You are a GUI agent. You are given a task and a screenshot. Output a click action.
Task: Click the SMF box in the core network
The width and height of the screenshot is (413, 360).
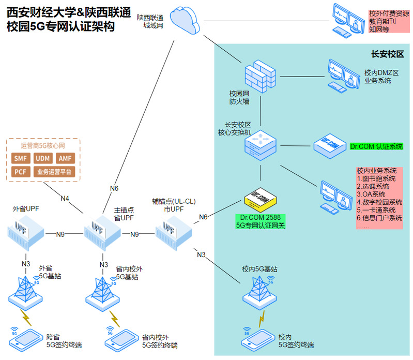21,158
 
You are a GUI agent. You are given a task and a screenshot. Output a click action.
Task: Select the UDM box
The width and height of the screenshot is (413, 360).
43,158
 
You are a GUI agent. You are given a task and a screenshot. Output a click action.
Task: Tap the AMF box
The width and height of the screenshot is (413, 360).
65,158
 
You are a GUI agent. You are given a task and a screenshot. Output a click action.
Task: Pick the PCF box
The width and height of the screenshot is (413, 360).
21,172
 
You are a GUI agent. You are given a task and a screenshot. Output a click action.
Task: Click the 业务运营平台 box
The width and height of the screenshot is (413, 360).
54,172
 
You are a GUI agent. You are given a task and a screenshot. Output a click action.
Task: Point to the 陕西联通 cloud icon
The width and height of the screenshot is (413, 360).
185,20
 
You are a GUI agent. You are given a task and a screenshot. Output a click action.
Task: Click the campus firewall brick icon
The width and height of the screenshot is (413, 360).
260,77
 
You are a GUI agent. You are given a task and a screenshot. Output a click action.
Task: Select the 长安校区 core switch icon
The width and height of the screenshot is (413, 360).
261,145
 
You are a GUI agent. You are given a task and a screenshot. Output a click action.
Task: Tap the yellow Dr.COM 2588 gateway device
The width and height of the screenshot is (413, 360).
261,200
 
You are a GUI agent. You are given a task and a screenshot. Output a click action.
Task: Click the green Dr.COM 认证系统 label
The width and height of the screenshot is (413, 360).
376,146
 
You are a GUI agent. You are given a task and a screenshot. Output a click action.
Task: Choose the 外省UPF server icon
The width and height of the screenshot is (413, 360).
26,232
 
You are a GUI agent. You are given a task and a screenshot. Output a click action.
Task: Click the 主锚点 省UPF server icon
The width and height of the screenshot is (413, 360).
102,232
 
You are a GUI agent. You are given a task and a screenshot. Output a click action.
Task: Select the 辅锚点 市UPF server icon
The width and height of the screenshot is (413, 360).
174,232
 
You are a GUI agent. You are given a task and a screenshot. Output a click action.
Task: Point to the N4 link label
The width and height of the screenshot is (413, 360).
65,198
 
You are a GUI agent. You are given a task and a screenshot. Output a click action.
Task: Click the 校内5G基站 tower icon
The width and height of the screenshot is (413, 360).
259,293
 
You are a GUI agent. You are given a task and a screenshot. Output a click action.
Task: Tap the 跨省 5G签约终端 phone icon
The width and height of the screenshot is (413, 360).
26,340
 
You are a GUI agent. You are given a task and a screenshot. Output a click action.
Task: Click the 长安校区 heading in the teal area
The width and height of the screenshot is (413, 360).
388,54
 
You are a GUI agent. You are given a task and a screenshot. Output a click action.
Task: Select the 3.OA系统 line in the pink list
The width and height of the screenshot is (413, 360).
371,194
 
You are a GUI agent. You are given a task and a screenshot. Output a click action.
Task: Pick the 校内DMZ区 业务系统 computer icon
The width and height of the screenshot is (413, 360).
344,76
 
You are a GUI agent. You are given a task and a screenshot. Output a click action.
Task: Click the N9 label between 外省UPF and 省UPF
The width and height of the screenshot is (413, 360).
60,234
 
